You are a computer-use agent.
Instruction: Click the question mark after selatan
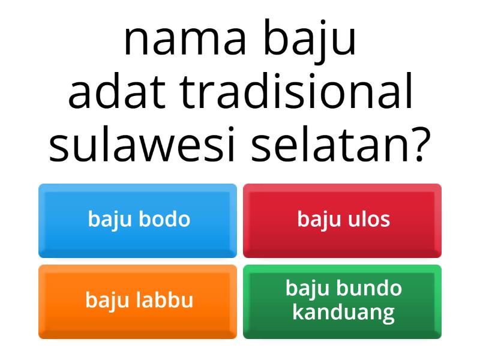click(417, 146)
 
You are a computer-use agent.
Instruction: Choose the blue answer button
click(137, 220)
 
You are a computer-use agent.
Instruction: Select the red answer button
click(342, 220)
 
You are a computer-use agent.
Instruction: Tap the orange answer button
click(137, 301)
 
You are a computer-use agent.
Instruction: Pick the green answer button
click(342, 301)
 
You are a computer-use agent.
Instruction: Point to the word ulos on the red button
click(368, 220)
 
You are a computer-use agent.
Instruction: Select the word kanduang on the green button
click(343, 313)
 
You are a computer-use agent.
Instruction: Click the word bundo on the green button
click(369, 289)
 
